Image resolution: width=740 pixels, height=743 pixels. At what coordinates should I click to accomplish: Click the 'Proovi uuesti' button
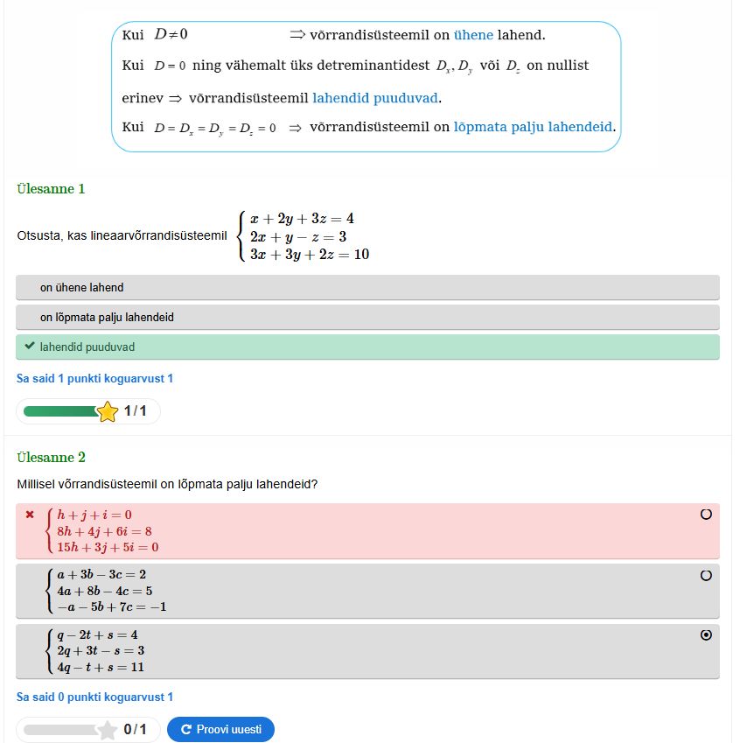click(x=220, y=729)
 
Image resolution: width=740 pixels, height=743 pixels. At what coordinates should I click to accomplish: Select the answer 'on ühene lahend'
click(x=81, y=288)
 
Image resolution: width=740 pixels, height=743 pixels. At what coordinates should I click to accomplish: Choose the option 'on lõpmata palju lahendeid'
click(x=107, y=318)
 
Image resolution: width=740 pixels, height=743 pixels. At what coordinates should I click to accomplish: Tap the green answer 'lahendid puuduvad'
click(x=87, y=347)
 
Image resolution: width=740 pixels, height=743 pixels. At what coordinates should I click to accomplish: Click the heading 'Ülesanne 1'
click(x=51, y=188)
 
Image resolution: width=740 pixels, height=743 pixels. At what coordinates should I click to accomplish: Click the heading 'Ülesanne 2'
click(x=51, y=457)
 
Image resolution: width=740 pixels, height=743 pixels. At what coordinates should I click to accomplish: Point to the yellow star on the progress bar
click(x=108, y=411)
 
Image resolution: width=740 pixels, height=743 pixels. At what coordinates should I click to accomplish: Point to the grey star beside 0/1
click(x=108, y=729)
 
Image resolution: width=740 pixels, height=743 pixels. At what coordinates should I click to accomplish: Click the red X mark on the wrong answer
click(x=30, y=515)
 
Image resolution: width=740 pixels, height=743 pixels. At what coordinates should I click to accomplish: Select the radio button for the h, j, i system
click(x=706, y=515)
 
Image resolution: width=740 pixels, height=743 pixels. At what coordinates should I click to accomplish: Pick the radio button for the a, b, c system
click(x=706, y=575)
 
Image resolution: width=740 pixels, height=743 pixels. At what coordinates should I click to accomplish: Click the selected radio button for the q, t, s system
click(x=706, y=635)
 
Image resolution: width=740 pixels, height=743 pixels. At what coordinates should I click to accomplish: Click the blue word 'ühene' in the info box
click(x=473, y=35)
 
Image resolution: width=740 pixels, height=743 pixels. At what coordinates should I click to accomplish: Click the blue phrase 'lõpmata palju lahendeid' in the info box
click(x=533, y=127)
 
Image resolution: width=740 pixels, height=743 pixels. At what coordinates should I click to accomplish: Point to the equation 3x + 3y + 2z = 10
click(x=309, y=254)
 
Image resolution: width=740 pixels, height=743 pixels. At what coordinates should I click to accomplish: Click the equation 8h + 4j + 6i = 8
click(x=104, y=531)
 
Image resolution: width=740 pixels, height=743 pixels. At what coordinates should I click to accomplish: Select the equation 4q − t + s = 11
click(x=101, y=667)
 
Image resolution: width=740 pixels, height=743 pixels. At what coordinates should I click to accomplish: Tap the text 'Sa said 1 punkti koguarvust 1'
click(x=94, y=379)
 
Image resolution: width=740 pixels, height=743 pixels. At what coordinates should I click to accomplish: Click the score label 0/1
click(x=135, y=729)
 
